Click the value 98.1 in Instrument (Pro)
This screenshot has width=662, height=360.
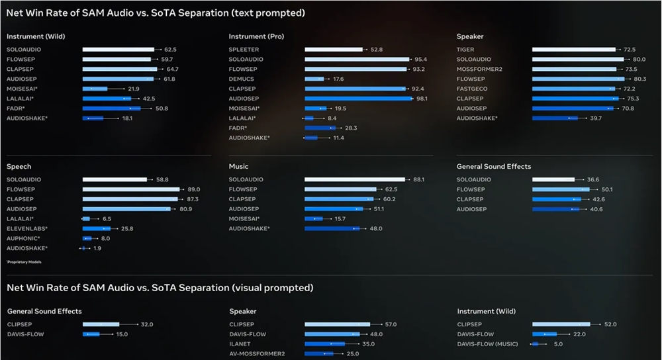(422, 99)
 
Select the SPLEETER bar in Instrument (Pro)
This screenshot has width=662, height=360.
(334, 50)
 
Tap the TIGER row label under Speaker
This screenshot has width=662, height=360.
(465, 50)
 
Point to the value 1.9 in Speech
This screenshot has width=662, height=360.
(97, 248)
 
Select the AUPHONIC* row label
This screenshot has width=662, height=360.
(23, 238)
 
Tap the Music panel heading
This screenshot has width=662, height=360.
(238, 167)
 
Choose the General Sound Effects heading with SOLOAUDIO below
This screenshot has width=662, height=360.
(494, 167)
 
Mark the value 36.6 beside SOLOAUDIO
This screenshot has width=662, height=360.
(592, 179)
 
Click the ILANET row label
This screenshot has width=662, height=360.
(239, 344)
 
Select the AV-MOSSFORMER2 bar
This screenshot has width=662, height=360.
(320, 354)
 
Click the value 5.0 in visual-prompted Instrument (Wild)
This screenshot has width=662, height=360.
(558, 344)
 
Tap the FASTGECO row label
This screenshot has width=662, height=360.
(472, 89)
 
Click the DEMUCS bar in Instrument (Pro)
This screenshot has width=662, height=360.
(313, 79)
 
